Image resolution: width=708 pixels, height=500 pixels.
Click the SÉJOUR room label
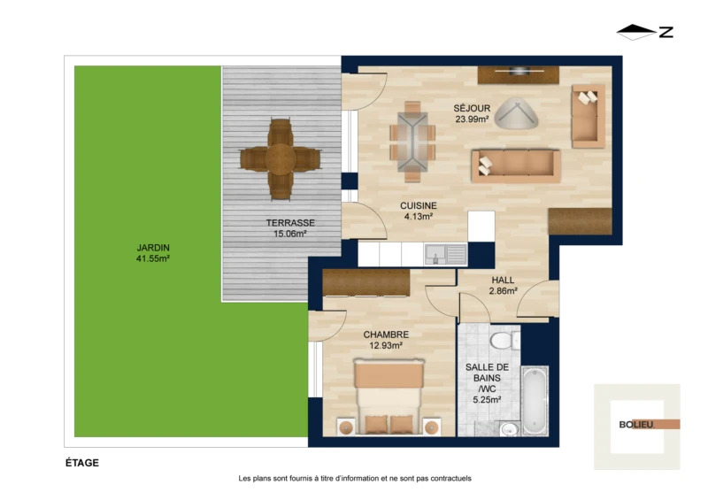pos(472,108)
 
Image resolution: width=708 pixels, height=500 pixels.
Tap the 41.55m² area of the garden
pos(152,258)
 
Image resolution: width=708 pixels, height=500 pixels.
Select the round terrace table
pos(281,159)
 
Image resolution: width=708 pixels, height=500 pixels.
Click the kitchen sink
pos(445,254)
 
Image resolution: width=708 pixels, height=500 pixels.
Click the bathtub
pos(535,401)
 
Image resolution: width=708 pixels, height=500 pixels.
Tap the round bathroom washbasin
pos(510,428)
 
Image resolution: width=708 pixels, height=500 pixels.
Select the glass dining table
pos(412,142)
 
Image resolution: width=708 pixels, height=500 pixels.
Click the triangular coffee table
pos(516,113)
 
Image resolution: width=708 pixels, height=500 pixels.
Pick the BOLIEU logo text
pos(636,425)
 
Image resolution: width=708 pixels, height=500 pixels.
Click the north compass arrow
pos(636,32)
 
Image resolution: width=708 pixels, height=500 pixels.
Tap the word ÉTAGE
pos(82,463)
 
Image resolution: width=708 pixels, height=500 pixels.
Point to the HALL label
pos(503,280)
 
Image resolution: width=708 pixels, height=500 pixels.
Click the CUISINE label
pos(419,206)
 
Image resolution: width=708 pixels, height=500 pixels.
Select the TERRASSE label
pos(290,223)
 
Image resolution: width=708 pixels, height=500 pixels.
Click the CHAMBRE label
pos(386,335)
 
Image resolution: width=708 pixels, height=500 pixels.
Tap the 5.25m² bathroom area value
pos(487,400)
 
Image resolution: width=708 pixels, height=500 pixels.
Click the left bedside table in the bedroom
pos(346,427)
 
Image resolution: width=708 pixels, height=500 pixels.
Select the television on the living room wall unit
pos(519,71)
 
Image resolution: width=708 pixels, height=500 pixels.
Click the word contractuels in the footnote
pos(450,479)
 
